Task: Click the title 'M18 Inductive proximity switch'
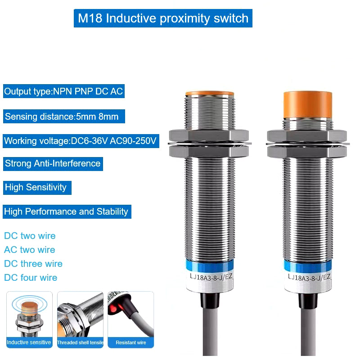point(163,18)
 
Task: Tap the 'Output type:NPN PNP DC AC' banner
point(64,91)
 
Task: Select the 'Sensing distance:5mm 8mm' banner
point(64,117)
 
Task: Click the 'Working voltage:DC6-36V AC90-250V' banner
point(81,141)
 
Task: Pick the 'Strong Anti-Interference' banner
point(53,164)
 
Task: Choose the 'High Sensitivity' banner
point(37,188)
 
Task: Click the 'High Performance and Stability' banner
point(67,211)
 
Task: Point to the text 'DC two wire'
point(30,236)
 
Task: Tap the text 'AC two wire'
point(30,250)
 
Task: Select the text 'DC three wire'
point(33,264)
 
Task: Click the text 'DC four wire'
point(31,278)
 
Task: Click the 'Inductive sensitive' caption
point(29,342)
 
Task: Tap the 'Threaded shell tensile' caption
point(81,342)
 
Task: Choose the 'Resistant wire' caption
point(131,342)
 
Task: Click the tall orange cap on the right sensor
point(308,104)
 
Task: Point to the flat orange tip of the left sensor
point(210,94)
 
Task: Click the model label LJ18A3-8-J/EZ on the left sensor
point(211,277)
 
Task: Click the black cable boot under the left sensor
point(210,300)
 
